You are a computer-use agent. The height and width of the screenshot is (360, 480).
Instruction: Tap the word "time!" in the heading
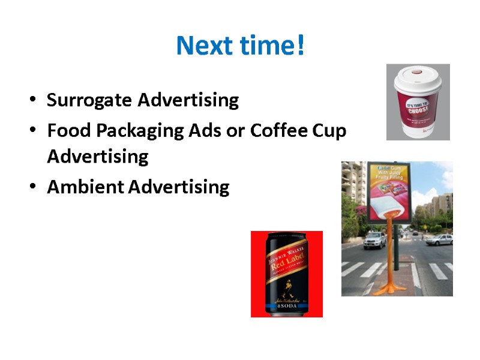coord(276,46)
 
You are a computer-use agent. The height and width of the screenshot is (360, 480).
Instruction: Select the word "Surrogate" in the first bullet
coord(90,100)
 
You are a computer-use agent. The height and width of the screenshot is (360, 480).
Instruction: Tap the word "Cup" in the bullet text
coord(331,130)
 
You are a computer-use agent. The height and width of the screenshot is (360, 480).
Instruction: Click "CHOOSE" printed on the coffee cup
coord(419,109)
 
